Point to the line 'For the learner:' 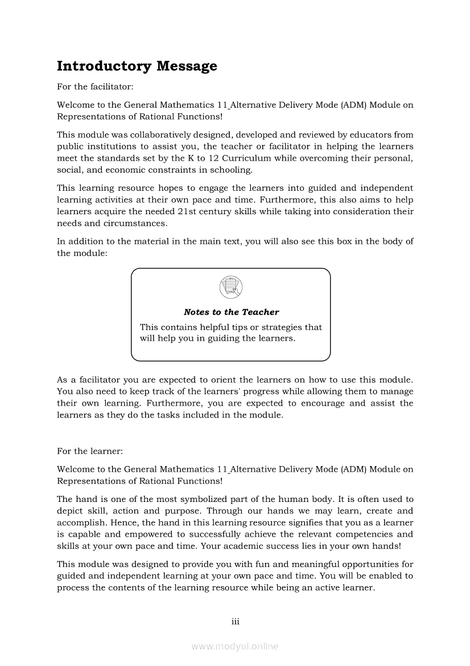tap(89, 451)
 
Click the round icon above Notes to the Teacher tap(230, 286)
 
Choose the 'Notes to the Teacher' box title tap(231, 312)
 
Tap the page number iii tap(235, 622)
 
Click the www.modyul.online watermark tap(235, 647)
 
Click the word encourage tap(321, 403)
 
